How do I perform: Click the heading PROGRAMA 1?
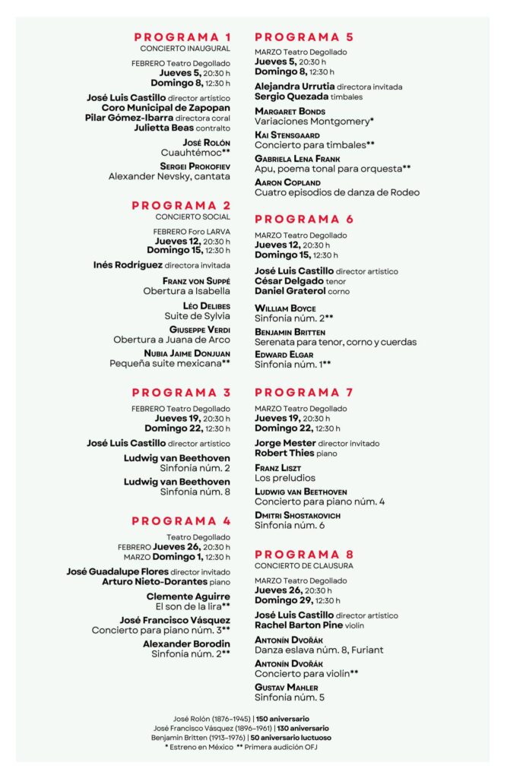pos(182,37)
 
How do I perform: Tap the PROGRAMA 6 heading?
pos(304,220)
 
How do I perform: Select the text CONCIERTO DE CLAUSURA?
pos(304,566)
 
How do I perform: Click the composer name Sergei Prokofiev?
pos(195,166)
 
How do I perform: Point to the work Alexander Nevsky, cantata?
pos(169,176)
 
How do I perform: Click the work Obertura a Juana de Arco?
pos(172,340)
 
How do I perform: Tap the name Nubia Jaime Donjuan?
pos(187,353)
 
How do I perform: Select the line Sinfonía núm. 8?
pos(195,492)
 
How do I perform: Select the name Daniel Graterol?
pos(290,291)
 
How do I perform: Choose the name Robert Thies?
pos(284,453)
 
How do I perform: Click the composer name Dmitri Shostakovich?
pos(297,515)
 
